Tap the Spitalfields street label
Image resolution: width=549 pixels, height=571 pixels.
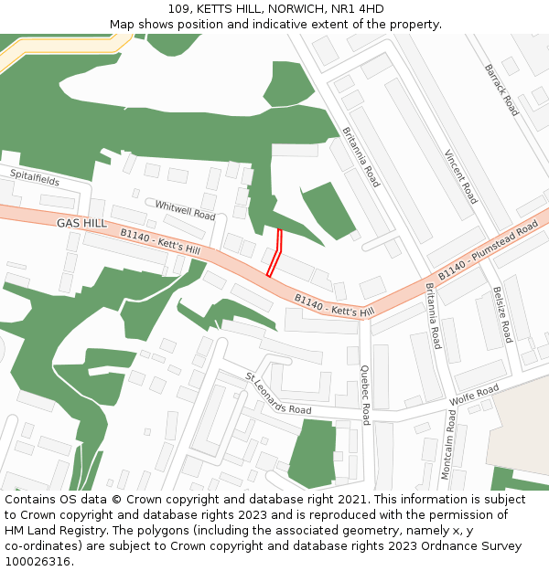click(x=35, y=177)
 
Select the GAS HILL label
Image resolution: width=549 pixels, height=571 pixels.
click(x=81, y=223)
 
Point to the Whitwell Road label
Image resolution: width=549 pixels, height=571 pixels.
click(x=185, y=210)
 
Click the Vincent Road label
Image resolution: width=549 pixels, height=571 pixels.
click(x=461, y=176)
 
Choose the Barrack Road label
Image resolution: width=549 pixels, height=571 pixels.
click(x=501, y=90)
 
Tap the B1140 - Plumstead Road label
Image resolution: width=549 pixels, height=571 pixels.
click(x=488, y=251)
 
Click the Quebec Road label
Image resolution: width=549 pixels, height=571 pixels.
click(x=365, y=396)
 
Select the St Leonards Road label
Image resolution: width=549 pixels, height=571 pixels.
click(x=278, y=394)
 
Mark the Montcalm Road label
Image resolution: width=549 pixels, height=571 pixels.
click(x=447, y=445)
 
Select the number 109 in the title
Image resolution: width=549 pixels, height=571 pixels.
click(x=179, y=9)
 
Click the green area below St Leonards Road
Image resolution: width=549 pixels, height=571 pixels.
click(x=311, y=454)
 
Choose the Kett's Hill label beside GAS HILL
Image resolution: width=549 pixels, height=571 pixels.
click(x=160, y=242)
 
